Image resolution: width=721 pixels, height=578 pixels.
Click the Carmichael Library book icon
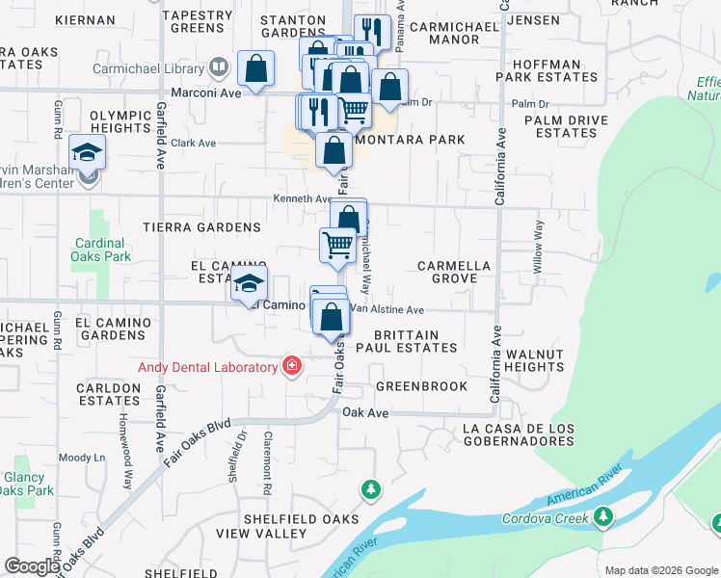219,68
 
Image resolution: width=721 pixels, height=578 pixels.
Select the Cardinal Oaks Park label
100,250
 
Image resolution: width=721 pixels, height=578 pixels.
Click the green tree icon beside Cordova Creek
603,517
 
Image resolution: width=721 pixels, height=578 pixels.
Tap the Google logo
32,566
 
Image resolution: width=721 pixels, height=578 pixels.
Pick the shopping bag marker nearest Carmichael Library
255,68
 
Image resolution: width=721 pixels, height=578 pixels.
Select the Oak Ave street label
365,412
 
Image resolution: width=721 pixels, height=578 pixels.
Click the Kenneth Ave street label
303,199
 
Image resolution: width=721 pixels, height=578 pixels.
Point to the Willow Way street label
539,242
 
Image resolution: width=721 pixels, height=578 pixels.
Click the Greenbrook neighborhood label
421,386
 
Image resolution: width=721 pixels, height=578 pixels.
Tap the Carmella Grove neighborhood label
454,272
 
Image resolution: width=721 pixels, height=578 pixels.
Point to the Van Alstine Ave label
386,310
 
